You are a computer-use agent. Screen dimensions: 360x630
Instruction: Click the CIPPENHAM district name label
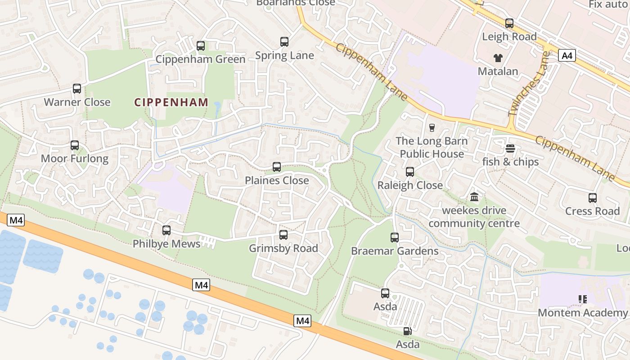coord(171,102)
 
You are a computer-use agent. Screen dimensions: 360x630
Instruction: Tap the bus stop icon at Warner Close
coord(77,89)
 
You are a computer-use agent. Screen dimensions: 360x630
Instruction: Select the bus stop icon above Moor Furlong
coord(75,145)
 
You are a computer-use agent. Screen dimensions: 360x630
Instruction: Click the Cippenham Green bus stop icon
coord(201,46)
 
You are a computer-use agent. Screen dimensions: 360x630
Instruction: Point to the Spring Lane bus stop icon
coord(284,42)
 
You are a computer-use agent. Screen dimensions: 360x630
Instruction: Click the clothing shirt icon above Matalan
coord(498,58)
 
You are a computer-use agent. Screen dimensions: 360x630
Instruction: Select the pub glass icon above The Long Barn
coord(432,128)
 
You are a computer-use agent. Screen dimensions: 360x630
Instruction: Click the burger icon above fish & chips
coord(510,148)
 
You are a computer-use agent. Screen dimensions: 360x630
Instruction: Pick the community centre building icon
coord(474,197)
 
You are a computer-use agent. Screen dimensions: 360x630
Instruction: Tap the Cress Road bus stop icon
coord(593,198)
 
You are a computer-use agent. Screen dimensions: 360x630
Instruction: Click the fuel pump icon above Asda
coord(407,331)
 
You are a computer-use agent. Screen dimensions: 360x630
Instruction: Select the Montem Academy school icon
coord(583,299)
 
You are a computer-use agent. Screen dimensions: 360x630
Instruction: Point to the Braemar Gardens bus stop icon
coord(395,238)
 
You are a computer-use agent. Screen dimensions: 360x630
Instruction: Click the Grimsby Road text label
coord(283,248)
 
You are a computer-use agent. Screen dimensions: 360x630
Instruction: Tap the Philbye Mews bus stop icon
coord(166,230)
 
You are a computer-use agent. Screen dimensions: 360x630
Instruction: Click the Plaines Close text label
coord(277,180)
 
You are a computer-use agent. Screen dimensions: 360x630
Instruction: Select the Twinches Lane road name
coord(529,84)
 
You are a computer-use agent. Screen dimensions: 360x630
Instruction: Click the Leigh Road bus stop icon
coord(509,23)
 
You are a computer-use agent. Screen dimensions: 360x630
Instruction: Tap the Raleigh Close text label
coord(410,185)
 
